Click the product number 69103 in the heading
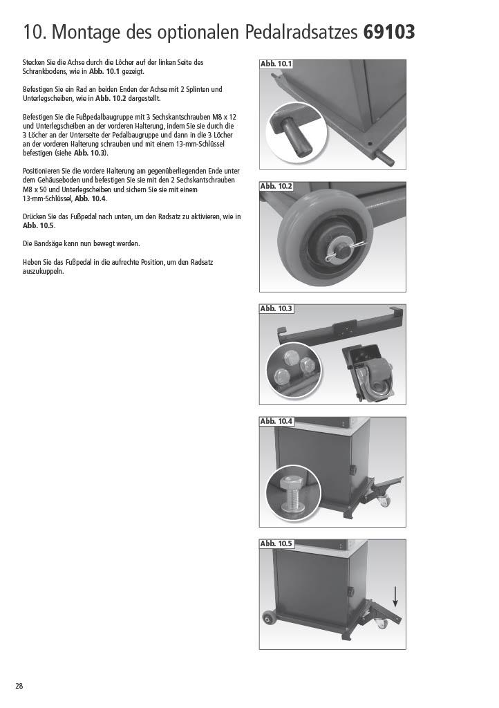pos(389,32)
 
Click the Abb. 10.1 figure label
pos(276,64)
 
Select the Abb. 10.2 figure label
pos(276,187)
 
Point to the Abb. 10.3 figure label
pos(276,309)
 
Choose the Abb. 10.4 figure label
pos(276,421)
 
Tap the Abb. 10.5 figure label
pos(276,543)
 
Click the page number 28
pos(19,686)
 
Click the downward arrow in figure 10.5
pos(395,597)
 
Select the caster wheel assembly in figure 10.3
pos(368,373)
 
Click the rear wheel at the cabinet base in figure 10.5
pos(269,618)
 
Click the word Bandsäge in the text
pos(48,244)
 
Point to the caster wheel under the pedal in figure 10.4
pos(384,500)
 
